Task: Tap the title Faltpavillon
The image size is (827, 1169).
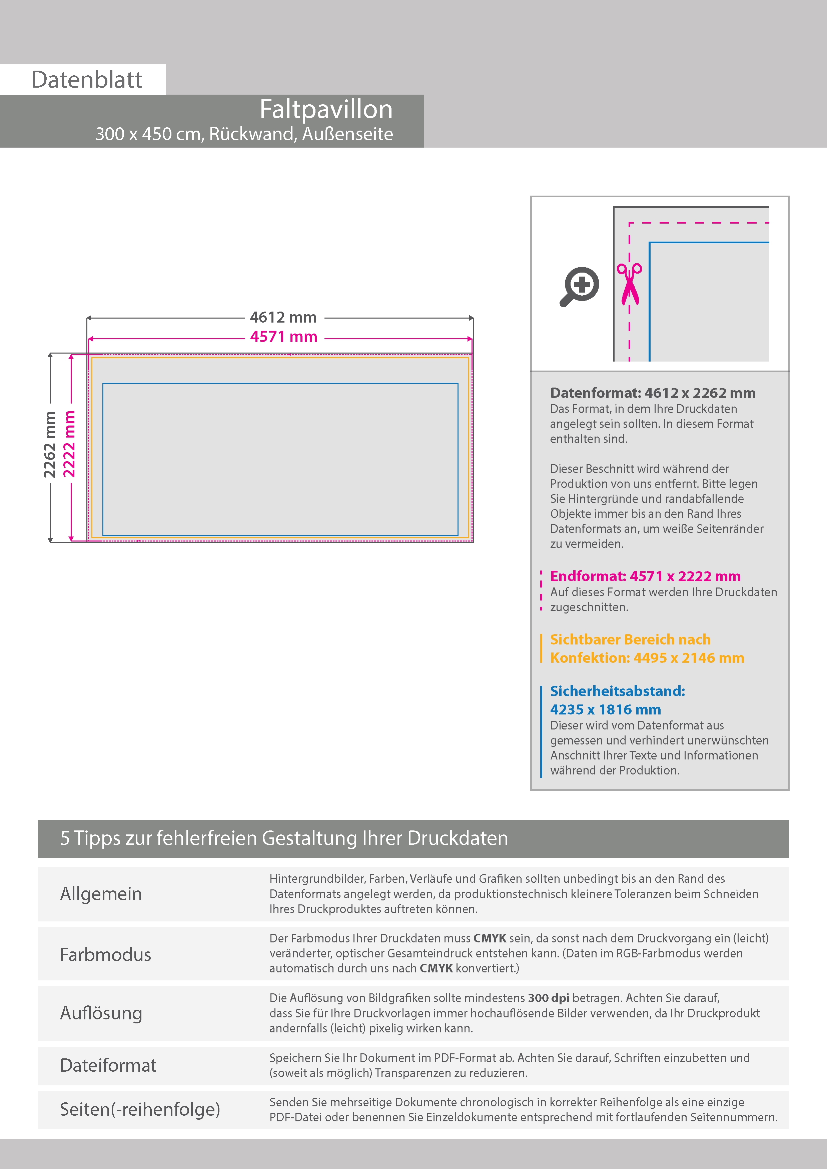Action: pyautogui.click(x=326, y=109)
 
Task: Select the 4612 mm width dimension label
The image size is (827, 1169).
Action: pyautogui.click(x=283, y=317)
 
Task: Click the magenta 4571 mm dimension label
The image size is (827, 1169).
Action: pyautogui.click(x=283, y=337)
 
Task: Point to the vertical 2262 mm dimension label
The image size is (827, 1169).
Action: pyautogui.click(x=49, y=445)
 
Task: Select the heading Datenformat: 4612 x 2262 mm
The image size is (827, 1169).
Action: pyautogui.click(x=653, y=393)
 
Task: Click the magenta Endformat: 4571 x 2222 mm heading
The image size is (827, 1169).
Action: pyautogui.click(x=645, y=577)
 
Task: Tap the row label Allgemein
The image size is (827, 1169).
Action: pyautogui.click(x=101, y=893)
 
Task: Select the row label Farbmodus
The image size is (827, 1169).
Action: pyautogui.click(x=105, y=954)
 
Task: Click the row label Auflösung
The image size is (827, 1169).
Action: pyautogui.click(x=101, y=1013)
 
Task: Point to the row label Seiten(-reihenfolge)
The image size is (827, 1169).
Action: pyautogui.click(x=140, y=1109)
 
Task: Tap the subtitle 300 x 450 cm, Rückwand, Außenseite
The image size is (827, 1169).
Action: pyautogui.click(x=244, y=134)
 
